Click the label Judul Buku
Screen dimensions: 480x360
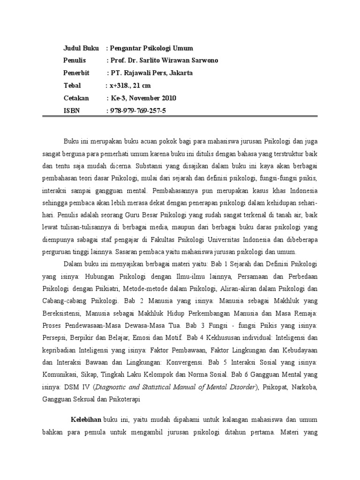point(79,48)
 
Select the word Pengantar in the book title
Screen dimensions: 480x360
point(127,48)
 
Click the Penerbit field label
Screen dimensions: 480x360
point(76,73)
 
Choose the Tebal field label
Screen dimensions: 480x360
point(72,85)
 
